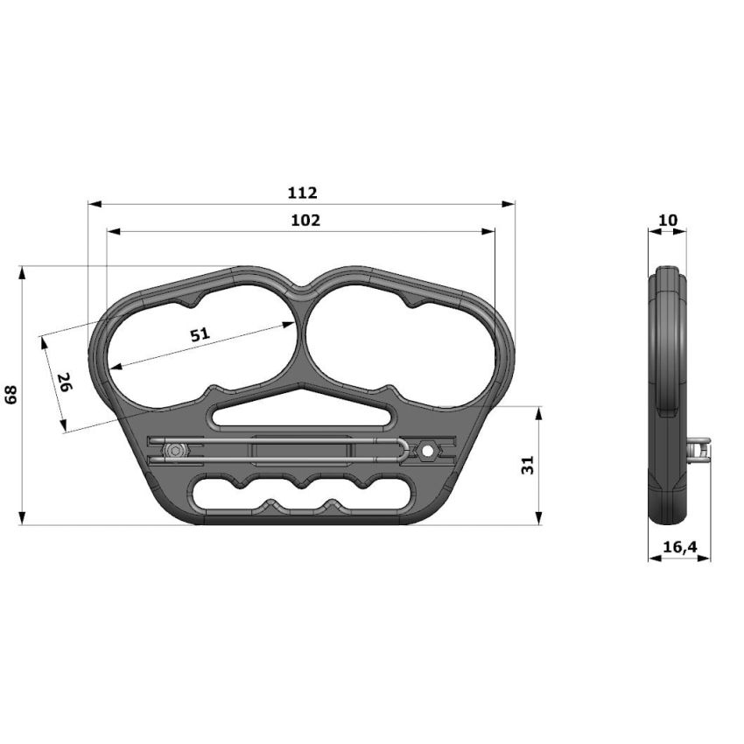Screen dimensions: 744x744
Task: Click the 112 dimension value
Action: [x=302, y=193]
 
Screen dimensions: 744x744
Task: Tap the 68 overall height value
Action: [x=11, y=395]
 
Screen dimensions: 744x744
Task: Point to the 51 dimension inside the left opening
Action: [x=200, y=334]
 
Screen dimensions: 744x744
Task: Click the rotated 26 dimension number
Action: [x=64, y=383]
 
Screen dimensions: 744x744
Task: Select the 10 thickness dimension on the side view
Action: [x=667, y=220]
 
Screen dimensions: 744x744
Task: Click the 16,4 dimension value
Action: [x=679, y=547]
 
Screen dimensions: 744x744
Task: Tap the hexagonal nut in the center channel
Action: [x=427, y=450]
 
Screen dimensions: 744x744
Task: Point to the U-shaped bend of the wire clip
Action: [x=402, y=450]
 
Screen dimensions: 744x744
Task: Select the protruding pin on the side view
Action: [x=700, y=449]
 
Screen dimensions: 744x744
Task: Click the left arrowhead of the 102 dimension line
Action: [x=112, y=232]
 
